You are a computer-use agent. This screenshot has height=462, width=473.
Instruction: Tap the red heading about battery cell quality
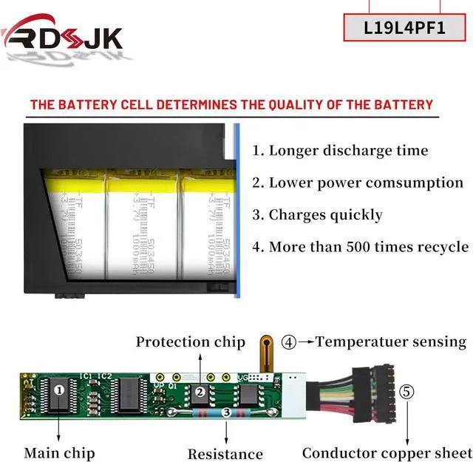click(x=231, y=104)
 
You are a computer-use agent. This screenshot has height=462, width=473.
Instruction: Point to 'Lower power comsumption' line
click(x=358, y=183)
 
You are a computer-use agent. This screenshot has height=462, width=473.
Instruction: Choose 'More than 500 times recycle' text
click(x=361, y=247)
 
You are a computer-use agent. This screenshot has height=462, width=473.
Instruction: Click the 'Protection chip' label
click(x=190, y=342)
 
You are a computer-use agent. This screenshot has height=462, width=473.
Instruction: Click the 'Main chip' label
click(x=59, y=452)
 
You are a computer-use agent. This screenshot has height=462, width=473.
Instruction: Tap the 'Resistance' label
click(x=225, y=454)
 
